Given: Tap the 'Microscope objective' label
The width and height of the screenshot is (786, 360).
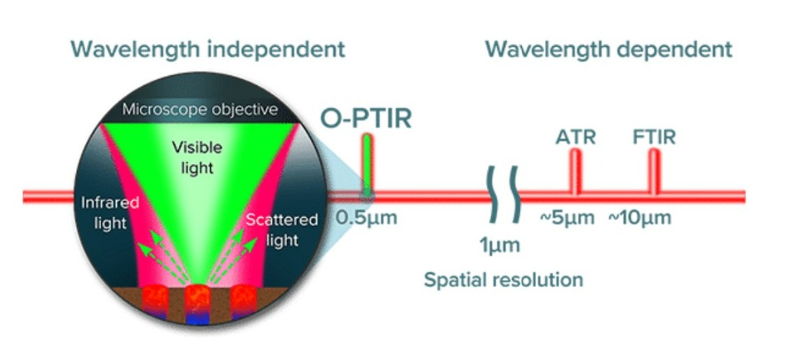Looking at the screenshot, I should coord(200,110).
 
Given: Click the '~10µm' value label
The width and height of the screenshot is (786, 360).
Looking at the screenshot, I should coord(639,217).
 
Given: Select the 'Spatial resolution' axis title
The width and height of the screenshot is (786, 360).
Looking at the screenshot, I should coord(503,279).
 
